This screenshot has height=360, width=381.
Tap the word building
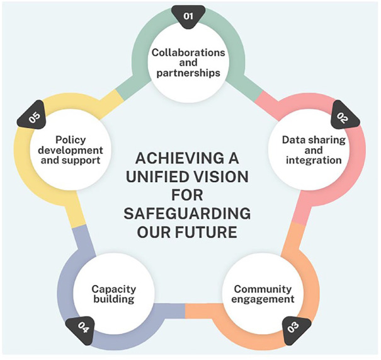click(x=113, y=299)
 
